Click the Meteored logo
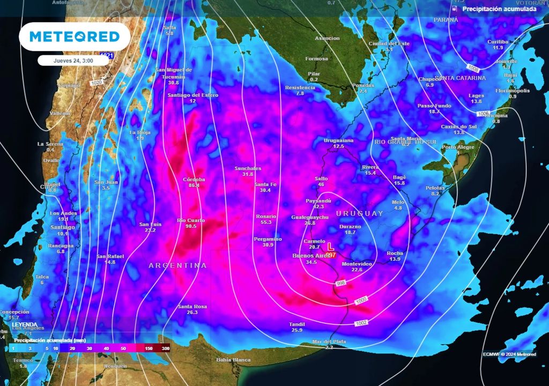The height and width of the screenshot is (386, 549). click(74, 36)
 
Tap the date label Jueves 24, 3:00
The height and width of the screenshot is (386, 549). click(73, 61)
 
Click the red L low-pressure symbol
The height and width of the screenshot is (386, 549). click(331, 248)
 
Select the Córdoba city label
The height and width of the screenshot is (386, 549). click(194, 179)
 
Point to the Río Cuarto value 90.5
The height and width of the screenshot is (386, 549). click(191, 226)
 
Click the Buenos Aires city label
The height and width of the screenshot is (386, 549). click(310, 256)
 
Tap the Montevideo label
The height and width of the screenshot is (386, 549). click(357, 264)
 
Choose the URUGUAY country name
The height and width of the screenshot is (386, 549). click(360, 213)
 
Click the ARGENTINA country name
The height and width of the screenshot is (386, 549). click(177, 265)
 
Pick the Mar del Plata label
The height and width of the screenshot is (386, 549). click(329, 342)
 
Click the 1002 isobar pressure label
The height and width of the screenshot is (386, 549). click(361, 323)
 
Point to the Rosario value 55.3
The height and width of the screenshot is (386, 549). click(266, 222)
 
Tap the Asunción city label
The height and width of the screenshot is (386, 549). click(327, 38)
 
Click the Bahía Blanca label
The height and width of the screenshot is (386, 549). click(233, 359)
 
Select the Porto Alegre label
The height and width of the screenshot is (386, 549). click(458, 147)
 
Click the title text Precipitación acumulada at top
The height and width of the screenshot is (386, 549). click(499, 9)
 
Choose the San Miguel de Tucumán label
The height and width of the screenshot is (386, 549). click(173, 73)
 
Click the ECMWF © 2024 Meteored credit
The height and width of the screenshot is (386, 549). click(509, 353)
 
